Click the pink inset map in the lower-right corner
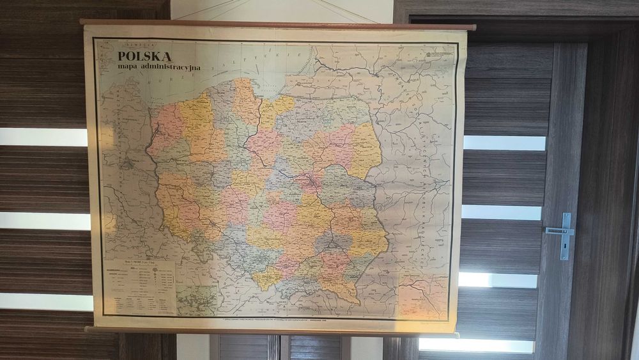(x=423, y=297)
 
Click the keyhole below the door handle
(x=565, y=249)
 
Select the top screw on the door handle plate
(x=566, y=217)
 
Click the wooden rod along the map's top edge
(x=277, y=24)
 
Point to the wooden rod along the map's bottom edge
(x=272, y=332)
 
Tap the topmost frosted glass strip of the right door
(x=505, y=143)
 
